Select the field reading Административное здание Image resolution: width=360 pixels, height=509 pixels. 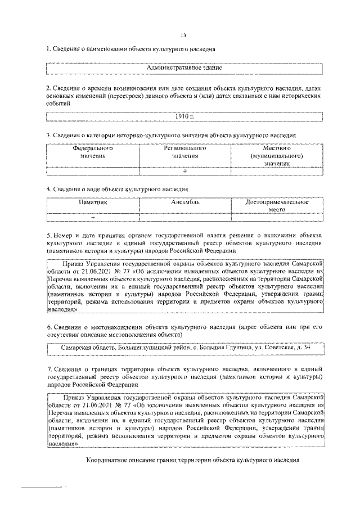coord(184,68)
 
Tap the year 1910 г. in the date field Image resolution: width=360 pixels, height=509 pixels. coord(184,116)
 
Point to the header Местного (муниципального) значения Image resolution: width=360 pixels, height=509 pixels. coord(276,156)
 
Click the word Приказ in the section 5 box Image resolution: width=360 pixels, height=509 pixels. coord(75,263)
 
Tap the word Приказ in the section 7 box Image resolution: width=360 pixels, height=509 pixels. coord(75,397)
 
